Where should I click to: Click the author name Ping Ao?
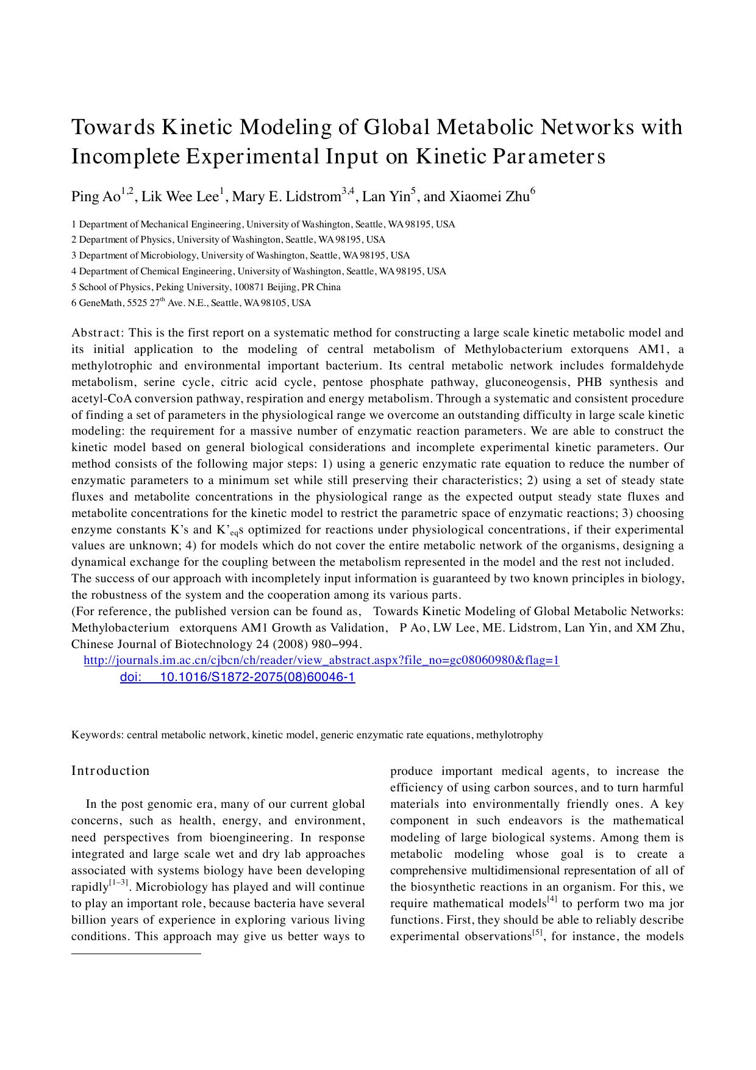[x=96, y=197]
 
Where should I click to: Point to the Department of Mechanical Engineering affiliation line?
[x=263, y=224]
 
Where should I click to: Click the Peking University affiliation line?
[x=206, y=287]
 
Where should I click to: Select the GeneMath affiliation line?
[x=191, y=303]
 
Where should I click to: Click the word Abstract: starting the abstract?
[x=98, y=333]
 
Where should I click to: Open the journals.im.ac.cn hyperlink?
[x=321, y=660]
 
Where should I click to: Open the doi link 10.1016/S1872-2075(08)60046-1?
[x=238, y=677]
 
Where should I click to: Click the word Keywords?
[x=98, y=735]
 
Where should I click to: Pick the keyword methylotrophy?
[x=510, y=735]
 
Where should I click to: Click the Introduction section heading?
[x=110, y=771]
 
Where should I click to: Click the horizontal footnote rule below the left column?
[x=136, y=953]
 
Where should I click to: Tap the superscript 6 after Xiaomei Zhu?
[x=533, y=191]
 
